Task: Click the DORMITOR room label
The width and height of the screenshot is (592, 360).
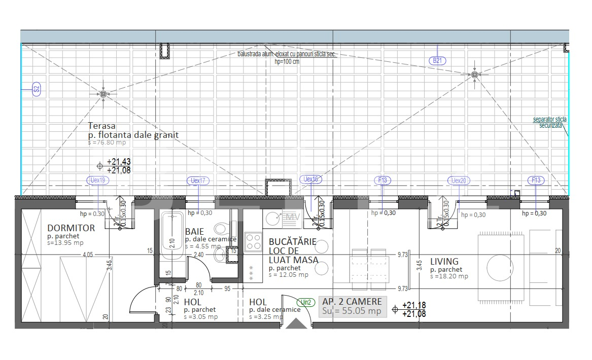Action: pyautogui.click(x=71, y=228)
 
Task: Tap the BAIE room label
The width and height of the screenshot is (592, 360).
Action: pyautogui.click(x=194, y=231)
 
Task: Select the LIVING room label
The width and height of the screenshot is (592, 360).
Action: pyautogui.click(x=444, y=262)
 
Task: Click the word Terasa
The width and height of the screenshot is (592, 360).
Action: pyautogui.click(x=101, y=126)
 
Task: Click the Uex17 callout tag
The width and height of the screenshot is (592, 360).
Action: pyautogui.click(x=198, y=181)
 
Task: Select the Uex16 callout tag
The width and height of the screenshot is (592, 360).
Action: pyautogui.click(x=311, y=179)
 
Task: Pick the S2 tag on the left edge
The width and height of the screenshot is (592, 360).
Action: pyautogui.click(x=36, y=90)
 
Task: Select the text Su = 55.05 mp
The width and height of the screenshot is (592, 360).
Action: pyautogui.click(x=352, y=311)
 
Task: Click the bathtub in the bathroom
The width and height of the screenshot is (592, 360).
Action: pyautogui.click(x=172, y=235)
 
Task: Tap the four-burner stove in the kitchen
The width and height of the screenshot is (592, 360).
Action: pyautogui.click(x=253, y=242)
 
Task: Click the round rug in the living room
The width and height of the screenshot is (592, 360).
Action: pyautogui.click(x=500, y=266)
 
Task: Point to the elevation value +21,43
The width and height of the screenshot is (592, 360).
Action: pyautogui.click(x=119, y=162)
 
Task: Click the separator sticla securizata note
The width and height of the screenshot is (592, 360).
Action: pyautogui.click(x=550, y=122)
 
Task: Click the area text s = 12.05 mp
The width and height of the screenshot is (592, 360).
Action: pyautogui.click(x=288, y=275)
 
